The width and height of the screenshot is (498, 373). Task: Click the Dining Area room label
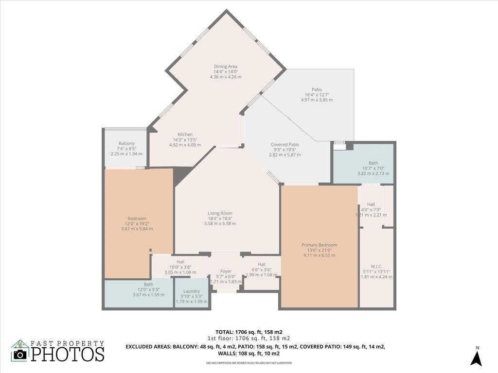click(226, 67)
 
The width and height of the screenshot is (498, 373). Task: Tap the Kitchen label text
click(185, 135)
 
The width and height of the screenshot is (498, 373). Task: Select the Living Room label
click(220, 213)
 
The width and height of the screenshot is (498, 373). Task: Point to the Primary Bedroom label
click(319, 245)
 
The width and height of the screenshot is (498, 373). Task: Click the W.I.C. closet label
click(376, 266)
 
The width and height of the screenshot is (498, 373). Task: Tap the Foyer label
click(226, 271)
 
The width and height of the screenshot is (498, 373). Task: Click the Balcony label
click(126, 143)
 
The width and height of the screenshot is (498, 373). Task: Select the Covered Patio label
click(285, 144)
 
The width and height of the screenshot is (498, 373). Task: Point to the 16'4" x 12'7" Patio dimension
click(317, 95)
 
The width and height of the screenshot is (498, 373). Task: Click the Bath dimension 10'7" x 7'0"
click(373, 168)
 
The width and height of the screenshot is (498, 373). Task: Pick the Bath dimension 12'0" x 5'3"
click(148, 289)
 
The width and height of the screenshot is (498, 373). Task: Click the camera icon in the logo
click(20, 355)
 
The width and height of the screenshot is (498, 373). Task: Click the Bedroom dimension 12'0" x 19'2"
click(137, 223)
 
